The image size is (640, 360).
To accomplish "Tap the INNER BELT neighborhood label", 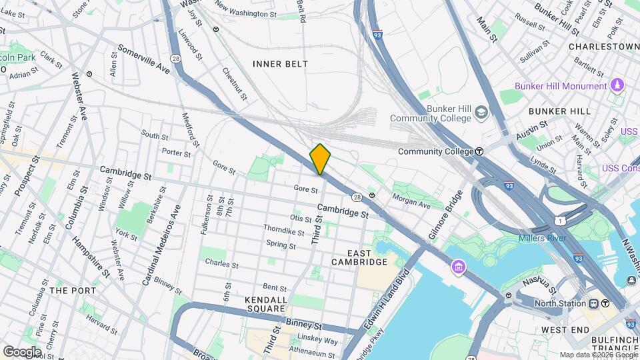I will (x=280, y=64).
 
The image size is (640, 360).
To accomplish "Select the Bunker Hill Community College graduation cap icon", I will (x=481, y=114).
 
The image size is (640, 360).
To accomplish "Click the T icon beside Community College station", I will (x=479, y=151).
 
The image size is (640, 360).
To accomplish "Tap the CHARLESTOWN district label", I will (x=603, y=47).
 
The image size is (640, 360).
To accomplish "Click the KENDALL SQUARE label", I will (x=266, y=305).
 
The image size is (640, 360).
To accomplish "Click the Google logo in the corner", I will (x=22, y=351).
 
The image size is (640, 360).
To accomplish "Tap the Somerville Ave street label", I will (x=144, y=59).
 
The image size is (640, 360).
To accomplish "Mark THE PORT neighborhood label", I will (x=72, y=291).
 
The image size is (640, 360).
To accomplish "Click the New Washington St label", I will (x=246, y=13).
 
